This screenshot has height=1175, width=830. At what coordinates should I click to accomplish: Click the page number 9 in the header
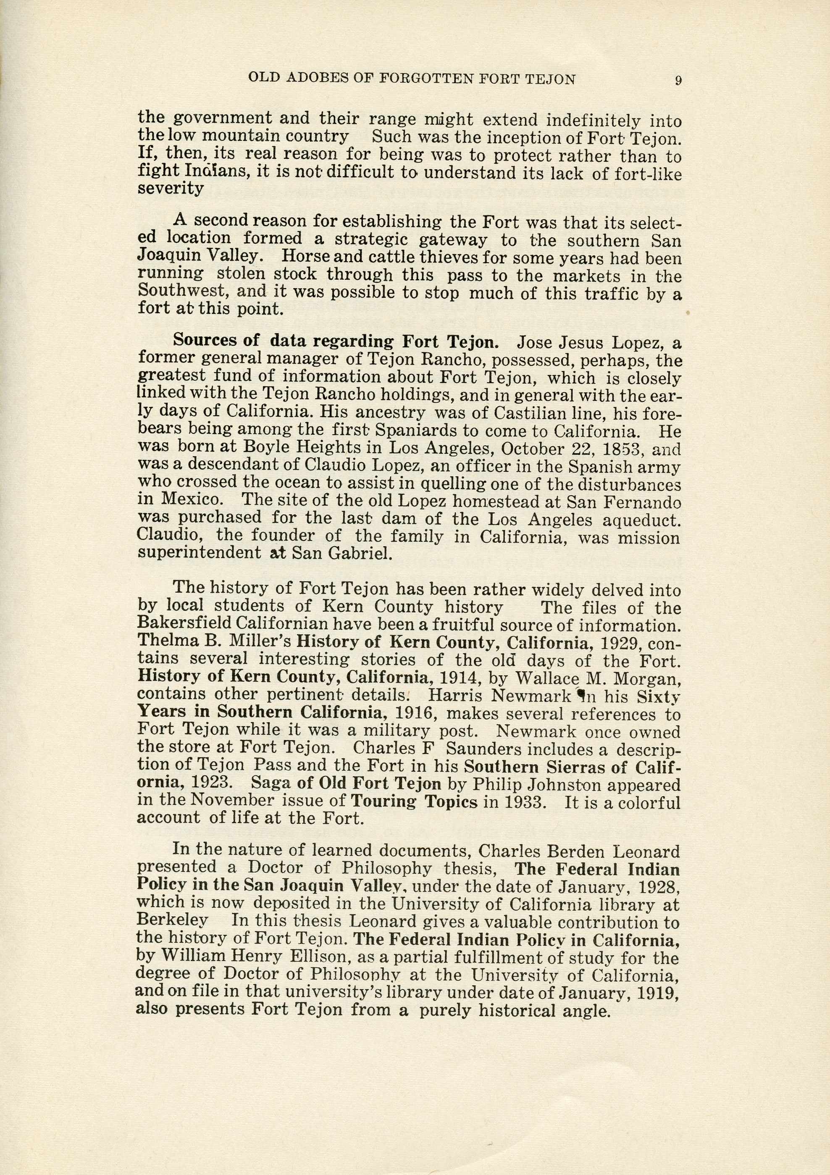(678, 80)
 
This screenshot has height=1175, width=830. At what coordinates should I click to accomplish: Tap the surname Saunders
(479, 749)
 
